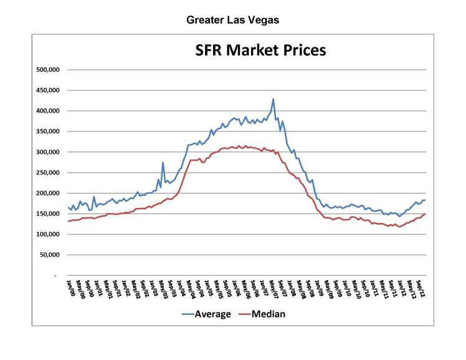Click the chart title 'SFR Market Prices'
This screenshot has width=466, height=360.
tap(260, 50)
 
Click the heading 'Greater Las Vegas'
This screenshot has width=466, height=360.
tap(233, 20)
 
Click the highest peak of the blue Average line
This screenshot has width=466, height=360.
tap(273, 99)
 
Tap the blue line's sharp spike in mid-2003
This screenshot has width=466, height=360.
tap(163, 163)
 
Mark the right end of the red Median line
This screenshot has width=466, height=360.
tap(426, 214)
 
